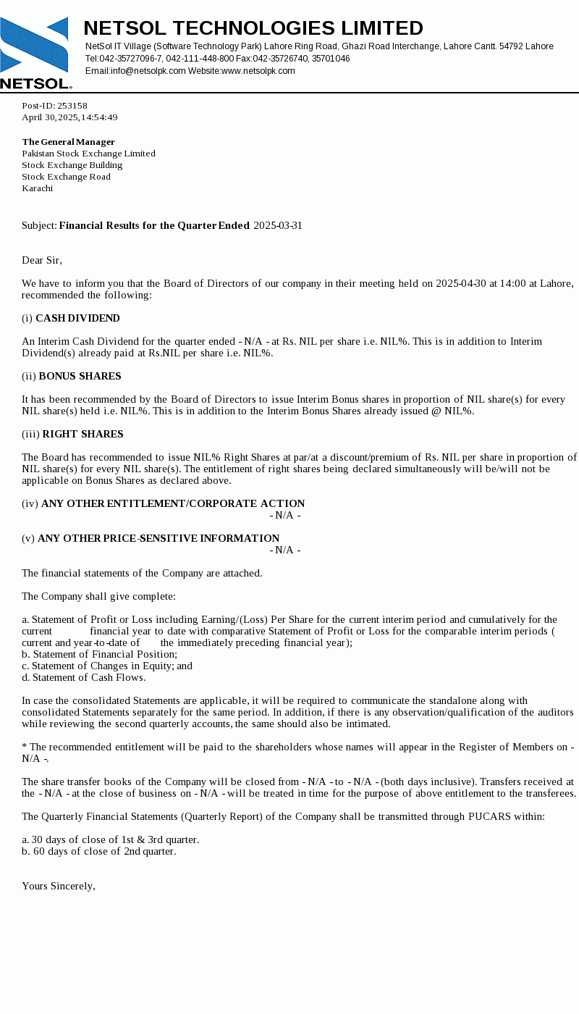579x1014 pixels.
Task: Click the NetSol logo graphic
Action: pos(35,52)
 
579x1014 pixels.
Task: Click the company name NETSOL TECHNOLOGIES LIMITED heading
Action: pos(253,28)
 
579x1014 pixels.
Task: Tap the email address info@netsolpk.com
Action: pos(148,71)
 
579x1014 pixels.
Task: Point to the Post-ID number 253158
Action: pos(72,106)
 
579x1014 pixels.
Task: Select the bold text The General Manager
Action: pos(68,142)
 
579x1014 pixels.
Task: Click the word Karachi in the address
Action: pos(37,188)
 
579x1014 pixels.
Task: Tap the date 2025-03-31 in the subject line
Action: pos(277,225)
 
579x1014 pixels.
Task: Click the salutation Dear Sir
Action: pos(42,260)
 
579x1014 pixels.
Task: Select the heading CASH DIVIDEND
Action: pos(77,318)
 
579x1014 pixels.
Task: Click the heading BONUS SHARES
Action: pos(80,376)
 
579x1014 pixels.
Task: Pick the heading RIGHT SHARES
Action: pos(83,434)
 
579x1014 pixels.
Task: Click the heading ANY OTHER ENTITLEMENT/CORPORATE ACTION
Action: pos(173,503)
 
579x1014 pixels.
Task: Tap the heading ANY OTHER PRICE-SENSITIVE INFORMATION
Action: pos(159,538)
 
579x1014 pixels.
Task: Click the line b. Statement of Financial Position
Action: pos(99,654)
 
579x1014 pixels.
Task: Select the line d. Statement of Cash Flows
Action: pos(83,677)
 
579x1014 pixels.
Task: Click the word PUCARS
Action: pos(490,816)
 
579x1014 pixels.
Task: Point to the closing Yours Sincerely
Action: pos(59,886)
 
